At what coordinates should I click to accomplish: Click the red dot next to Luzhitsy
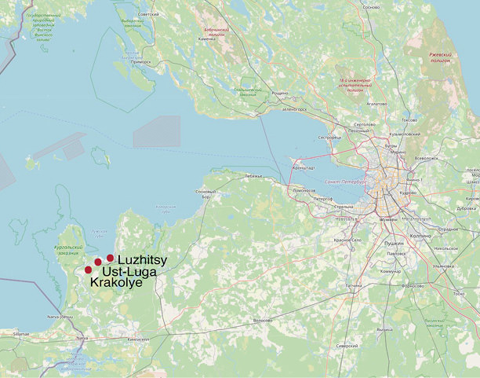pyautogui.click(x=111, y=258)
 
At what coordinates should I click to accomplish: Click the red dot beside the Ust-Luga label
pyautogui.click(x=98, y=262)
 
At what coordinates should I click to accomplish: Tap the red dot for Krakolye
pyautogui.click(x=88, y=270)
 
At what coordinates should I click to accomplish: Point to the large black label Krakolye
pyautogui.click(x=116, y=282)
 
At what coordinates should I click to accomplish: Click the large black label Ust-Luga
pyautogui.click(x=129, y=271)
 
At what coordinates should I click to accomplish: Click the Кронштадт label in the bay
pyautogui.click(x=303, y=167)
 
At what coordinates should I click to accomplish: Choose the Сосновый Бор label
pyautogui.click(x=204, y=194)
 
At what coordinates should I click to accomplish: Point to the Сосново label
pyautogui.click(x=372, y=7)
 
